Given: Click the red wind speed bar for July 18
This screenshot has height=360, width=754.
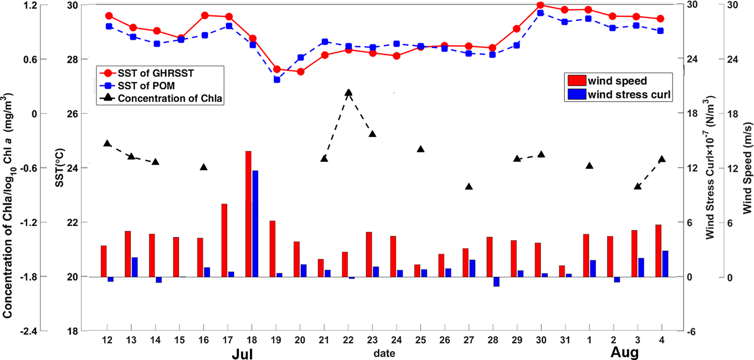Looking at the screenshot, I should [248, 214].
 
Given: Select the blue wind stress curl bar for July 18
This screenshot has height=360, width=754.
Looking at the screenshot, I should [255, 224].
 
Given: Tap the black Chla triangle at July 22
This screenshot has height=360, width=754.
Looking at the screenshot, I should [348, 93].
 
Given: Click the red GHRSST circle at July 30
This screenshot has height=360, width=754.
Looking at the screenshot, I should [540, 5].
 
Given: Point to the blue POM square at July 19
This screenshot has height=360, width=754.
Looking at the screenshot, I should [277, 80].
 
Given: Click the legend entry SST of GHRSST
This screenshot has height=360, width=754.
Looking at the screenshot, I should [155, 73].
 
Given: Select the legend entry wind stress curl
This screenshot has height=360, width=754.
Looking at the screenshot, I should [629, 95].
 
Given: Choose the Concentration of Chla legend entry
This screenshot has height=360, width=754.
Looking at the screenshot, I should [169, 98].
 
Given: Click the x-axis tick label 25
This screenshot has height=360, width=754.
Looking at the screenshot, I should [420, 340].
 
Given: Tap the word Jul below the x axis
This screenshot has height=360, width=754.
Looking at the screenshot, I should [242, 354].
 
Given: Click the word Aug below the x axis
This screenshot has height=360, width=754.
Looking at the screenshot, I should [624, 352].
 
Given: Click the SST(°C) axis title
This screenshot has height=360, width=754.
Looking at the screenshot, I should [60, 168].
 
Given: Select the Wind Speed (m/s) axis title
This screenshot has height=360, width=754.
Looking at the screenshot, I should [747, 168].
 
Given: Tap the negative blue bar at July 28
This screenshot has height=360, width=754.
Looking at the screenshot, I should [496, 282].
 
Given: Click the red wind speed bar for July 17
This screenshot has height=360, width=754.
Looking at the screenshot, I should [224, 240].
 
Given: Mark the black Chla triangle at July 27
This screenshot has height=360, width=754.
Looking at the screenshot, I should [468, 187].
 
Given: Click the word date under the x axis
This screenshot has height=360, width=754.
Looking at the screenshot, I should [384, 353].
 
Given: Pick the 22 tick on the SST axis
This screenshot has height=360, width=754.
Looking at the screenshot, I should [72, 223].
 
